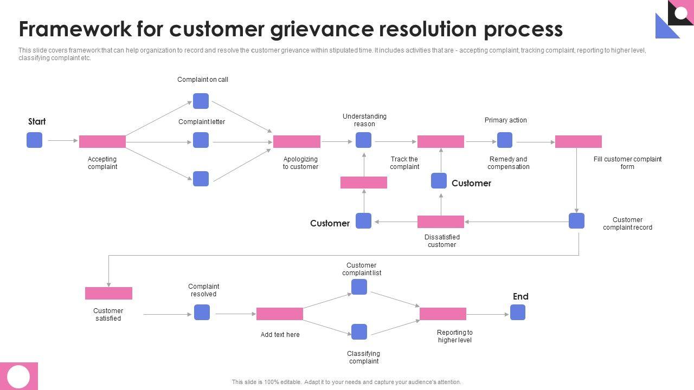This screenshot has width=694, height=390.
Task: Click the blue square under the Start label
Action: pyautogui.click(x=34, y=140)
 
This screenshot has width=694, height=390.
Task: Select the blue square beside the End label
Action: pyautogui.click(x=518, y=313)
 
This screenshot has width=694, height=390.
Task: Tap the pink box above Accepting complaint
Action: pyautogui.click(x=102, y=141)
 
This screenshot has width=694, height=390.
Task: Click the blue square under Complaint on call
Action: pyautogui.click(x=201, y=101)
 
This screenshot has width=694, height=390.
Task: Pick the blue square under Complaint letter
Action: pyautogui.click(x=201, y=140)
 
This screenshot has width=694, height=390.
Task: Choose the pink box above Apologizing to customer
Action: pyautogui.click(x=297, y=141)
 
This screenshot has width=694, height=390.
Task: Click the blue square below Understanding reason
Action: pyautogui.click(x=363, y=140)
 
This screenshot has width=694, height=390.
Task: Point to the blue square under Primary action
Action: pyautogui.click(x=505, y=140)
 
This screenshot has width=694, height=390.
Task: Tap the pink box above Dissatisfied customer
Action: pyautogui.click(x=441, y=222)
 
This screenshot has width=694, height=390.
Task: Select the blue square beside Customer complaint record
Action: pyautogui.click(x=576, y=221)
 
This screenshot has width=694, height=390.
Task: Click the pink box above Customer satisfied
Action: pyautogui.click(x=108, y=293)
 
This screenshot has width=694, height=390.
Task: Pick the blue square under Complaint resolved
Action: pyautogui.click(x=202, y=313)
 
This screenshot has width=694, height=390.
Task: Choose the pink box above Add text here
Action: pyautogui.click(x=280, y=314)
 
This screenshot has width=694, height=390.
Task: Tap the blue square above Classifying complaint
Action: pyautogui.click(x=359, y=332)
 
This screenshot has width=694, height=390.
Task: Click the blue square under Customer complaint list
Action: pyautogui.click(x=359, y=287)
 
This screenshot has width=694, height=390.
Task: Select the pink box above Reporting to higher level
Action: pyautogui.click(x=443, y=314)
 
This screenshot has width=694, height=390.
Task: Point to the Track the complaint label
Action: pyautogui.click(x=404, y=163)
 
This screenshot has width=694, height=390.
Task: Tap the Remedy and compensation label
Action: pyautogui.click(x=508, y=163)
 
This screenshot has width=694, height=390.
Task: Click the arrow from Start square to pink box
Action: pyautogui.click(x=62, y=141)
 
